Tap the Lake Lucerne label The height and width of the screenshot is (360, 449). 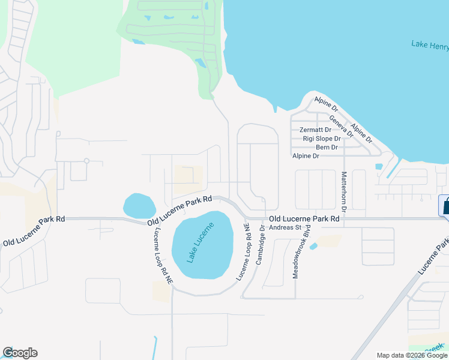(x=200, y=242)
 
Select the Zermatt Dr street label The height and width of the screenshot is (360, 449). (x=315, y=130)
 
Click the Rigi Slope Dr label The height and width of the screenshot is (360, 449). (x=322, y=139)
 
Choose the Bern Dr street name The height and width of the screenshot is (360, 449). (x=327, y=147)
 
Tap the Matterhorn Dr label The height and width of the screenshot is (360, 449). (x=345, y=191)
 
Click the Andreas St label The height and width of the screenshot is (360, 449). (x=285, y=227)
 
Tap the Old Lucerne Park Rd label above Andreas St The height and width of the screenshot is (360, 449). (x=304, y=219)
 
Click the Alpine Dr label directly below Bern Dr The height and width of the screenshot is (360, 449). (x=306, y=156)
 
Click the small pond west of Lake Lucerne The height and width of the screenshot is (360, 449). (x=139, y=205)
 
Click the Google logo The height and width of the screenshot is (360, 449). (x=20, y=353)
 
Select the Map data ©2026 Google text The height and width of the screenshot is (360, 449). (x=411, y=355)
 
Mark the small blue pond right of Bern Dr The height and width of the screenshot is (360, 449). (x=378, y=167)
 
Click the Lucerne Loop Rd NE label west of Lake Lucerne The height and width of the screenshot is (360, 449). (x=163, y=256)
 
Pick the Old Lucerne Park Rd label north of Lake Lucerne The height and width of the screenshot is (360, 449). (x=180, y=211)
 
